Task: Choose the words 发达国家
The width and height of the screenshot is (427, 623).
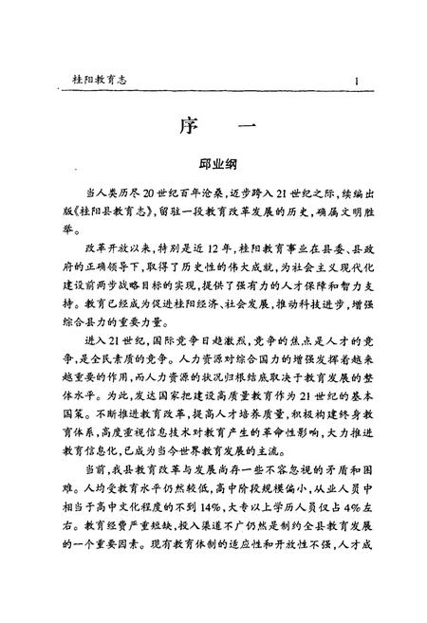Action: [154, 418]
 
